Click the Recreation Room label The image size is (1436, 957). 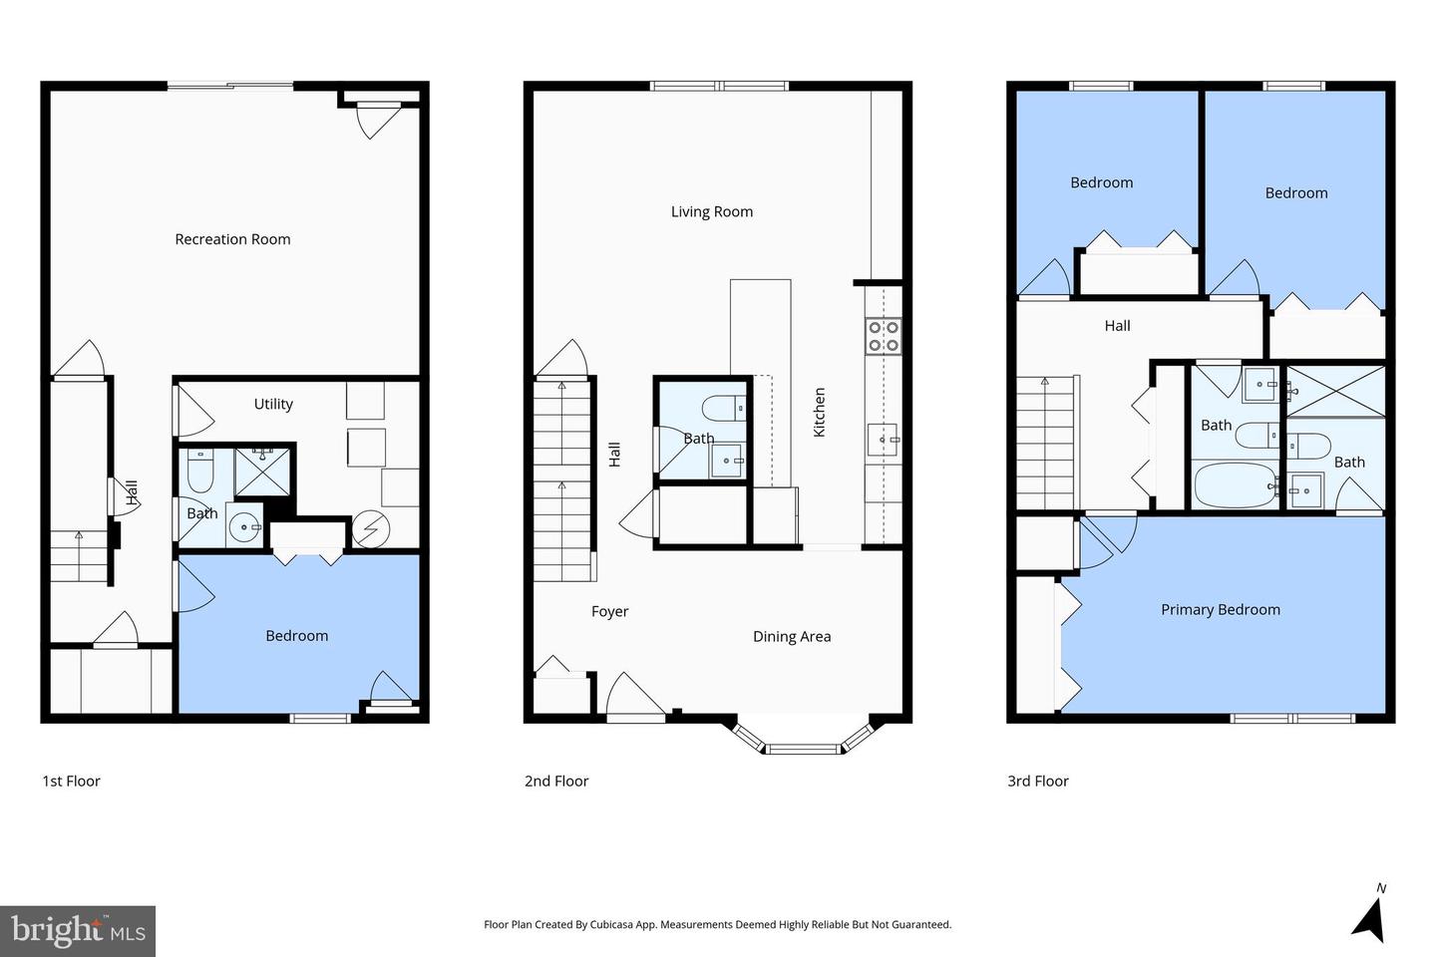point(232,239)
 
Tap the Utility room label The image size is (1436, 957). point(273,404)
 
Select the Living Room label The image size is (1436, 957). point(711,211)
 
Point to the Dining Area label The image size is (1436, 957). point(791,636)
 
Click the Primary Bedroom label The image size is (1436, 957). point(1220,609)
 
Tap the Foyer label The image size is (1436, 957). point(609,611)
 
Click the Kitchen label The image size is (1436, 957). point(819,412)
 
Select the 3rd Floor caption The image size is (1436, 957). point(1037,781)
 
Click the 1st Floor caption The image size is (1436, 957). point(71,781)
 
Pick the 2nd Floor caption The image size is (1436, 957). point(556,781)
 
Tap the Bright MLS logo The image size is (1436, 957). point(78,931)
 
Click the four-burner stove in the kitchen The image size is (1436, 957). point(884,335)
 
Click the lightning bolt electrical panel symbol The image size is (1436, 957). point(370,528)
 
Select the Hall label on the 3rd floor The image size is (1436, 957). point(1117,325)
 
